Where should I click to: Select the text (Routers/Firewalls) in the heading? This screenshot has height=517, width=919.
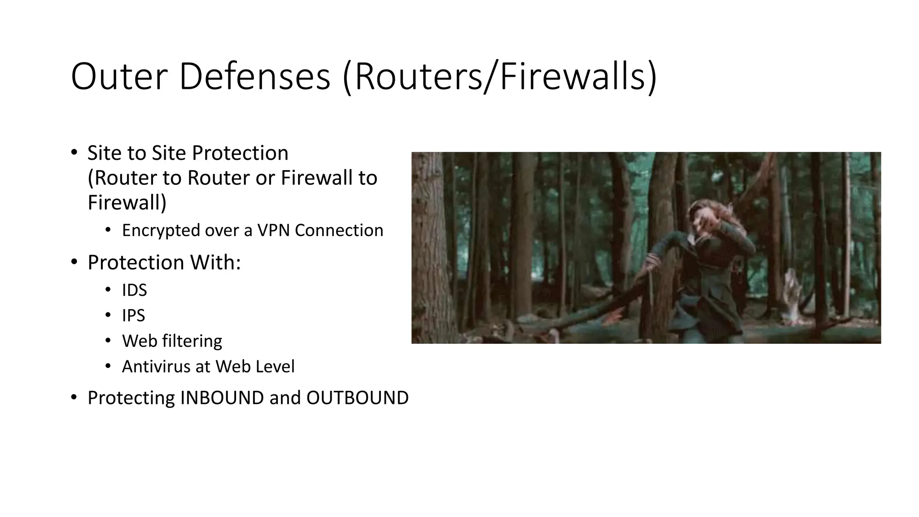tap(499, 77)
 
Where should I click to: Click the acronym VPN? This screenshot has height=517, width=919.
tap(274, 230)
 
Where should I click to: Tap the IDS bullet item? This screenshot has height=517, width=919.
tap(134, 290)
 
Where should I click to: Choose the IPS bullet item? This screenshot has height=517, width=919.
tap(133, 315)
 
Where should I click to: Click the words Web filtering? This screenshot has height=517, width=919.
tap(172, 341)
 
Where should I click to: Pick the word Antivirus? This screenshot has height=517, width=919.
tap(156, 367)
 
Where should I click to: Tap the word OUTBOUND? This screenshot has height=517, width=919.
tap(357, 398)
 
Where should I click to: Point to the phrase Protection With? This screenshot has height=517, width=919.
tap(164, 263)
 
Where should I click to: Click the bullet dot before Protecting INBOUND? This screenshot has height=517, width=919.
tap(74, 397)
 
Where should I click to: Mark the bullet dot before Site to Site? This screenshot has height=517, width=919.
tap(74, 153)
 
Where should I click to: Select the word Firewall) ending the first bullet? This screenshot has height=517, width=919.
tap(127, 202)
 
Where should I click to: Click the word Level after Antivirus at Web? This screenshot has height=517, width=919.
tap(275, 367)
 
